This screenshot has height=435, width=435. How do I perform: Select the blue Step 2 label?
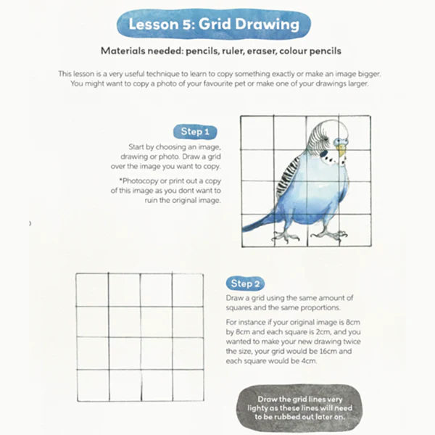coord(247,283)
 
